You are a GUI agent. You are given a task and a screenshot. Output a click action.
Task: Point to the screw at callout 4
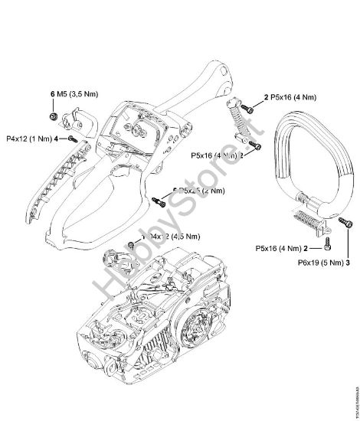[x=70, y=139]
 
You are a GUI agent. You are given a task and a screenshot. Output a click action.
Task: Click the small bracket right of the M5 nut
[x=77, y=119]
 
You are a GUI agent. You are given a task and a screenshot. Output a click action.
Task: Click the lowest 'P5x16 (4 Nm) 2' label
[x=282, y=249]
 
